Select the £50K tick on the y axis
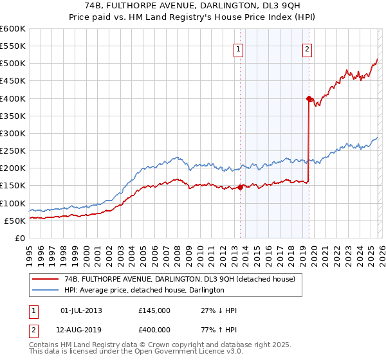click(14, 221)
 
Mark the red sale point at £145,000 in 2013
click(240, 187)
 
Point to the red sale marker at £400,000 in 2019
click(309, 98)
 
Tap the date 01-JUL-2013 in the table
click(81, 310)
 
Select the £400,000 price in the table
click(154, 330)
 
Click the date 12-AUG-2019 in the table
click(81, 330)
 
